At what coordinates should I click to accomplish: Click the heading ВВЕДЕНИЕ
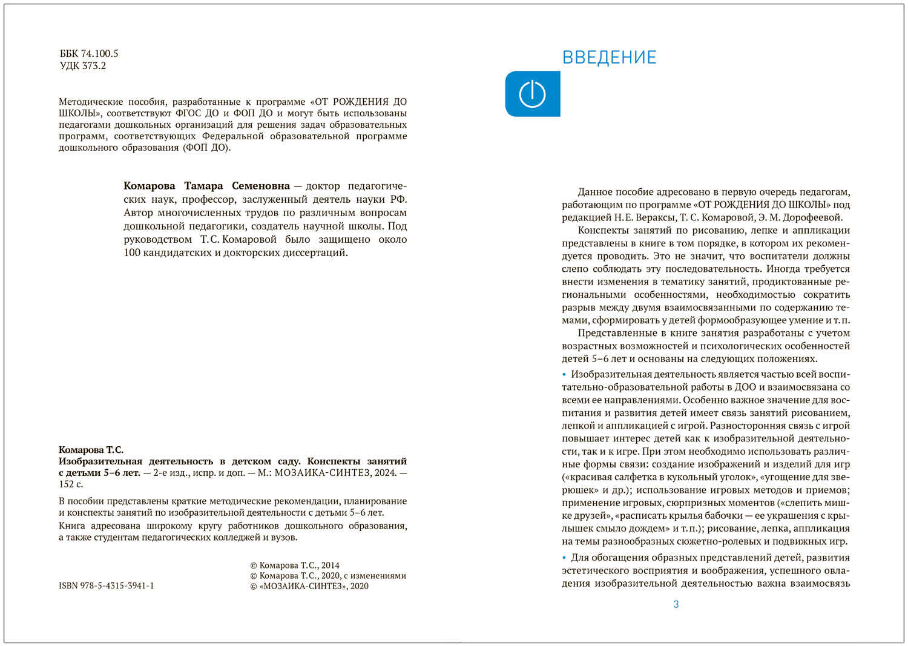coord(609,58)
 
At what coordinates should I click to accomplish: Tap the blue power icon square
coord(532,94)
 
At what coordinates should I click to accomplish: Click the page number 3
coord(676,604)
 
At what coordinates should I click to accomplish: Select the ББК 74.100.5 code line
coord(89,54)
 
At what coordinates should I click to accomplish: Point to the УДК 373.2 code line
coord(83,66)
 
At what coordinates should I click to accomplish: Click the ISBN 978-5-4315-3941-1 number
coord(107,586)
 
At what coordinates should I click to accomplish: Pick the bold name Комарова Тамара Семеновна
coord(206,186)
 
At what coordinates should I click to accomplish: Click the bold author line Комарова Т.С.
coord(91,450)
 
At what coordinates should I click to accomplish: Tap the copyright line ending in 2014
coord(295,565)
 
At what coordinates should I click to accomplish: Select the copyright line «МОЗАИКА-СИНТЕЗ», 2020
coord(309,586)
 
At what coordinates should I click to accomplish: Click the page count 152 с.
coord(71,484)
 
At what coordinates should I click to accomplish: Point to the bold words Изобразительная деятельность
coord(136,461)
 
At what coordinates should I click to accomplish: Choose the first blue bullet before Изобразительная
coord(564,375)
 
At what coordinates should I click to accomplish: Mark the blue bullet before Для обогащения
coord(564,558)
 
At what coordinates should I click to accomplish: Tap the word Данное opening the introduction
coord(595,193)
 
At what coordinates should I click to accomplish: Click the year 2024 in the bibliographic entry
coord(385,473)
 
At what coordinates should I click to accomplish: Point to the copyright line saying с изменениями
coord(327,576)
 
